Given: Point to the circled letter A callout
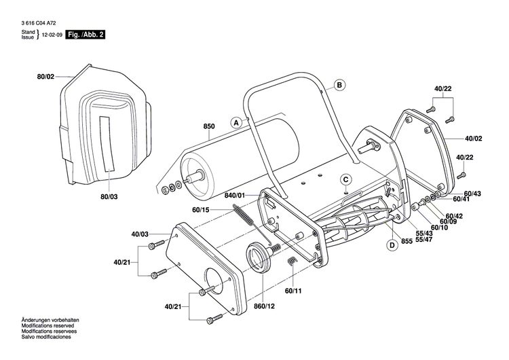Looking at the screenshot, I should [x=236, y=123].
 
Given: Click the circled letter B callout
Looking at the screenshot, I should [x=339, y=86].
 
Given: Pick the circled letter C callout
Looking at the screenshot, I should [x=345, y=179].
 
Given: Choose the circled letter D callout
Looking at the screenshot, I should [x=392, y=245].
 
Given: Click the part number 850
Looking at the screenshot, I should [x=208, y=126].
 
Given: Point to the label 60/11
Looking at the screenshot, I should [x=293, y=291].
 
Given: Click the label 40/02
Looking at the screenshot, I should [x=474, y=138].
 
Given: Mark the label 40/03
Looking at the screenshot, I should [x=139, y=234].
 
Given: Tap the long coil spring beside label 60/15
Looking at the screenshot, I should [x=246, y=218].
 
